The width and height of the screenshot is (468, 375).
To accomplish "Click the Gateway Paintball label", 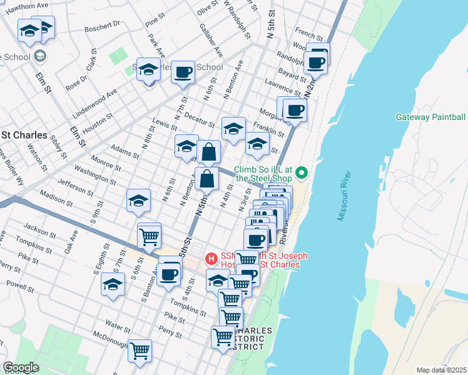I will click(430, 117).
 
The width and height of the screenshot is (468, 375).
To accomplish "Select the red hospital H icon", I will click(211, 258).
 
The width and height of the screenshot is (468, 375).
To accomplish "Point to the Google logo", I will click(21, 367).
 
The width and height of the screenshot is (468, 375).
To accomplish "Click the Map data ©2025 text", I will click(441, 370).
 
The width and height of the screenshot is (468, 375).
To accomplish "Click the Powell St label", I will click(21, 286).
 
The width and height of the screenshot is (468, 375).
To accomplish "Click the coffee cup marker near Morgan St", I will click(295, 111).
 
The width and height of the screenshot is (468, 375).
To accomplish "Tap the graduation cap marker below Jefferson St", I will click(138, 201).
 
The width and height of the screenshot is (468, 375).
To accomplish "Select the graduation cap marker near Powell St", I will click(113, 284).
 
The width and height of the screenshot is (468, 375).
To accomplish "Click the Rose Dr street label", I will click(79, 81).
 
